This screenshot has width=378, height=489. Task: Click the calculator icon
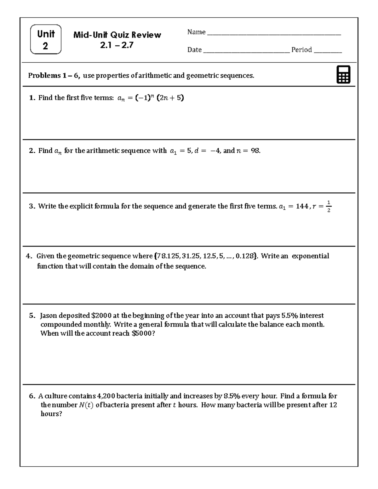point(343,75)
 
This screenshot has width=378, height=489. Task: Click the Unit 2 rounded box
point(46,40)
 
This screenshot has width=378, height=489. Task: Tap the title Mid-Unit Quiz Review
point(117,35)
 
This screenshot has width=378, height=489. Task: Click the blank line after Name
point(273,33)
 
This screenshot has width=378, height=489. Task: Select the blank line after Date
point(246,51)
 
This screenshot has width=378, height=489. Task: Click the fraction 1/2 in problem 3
point(329,206)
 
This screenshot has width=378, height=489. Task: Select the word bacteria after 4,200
point(129,396)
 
